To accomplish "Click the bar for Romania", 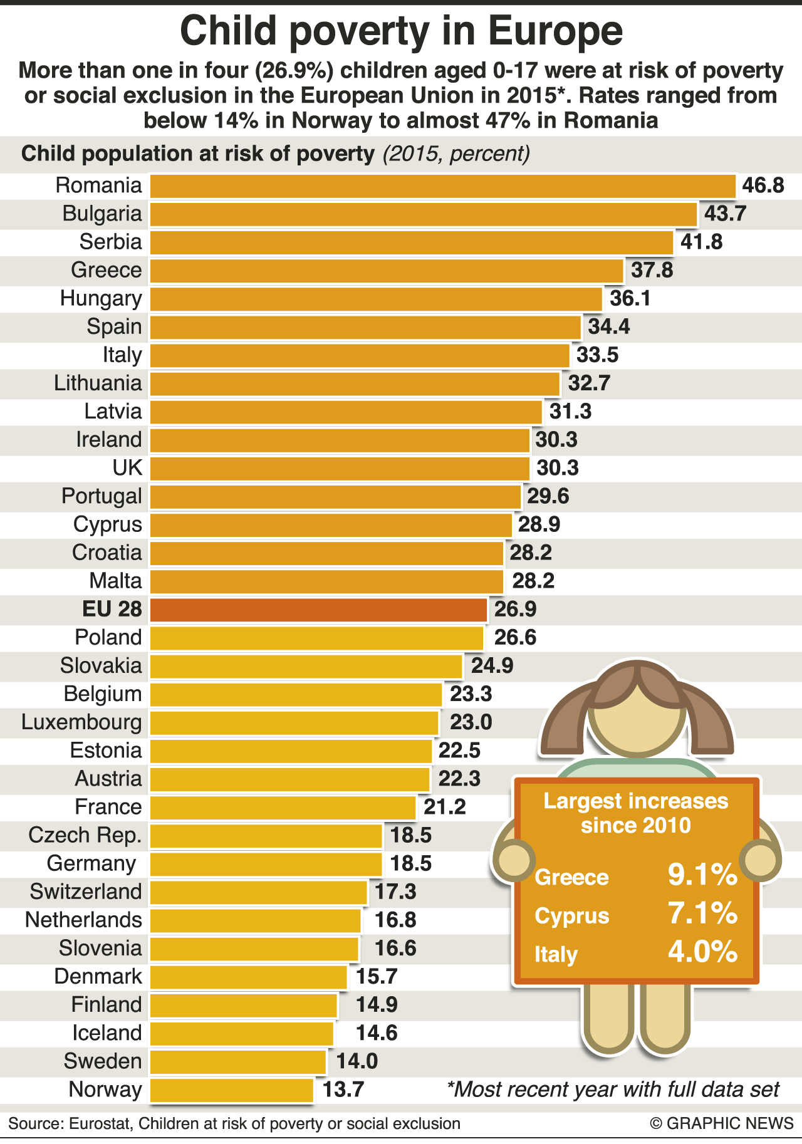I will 442,186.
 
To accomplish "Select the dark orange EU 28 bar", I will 318,610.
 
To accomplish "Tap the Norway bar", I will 232,1090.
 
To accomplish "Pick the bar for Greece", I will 387,271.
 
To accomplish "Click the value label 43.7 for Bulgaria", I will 725,214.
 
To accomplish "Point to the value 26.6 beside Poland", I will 515,638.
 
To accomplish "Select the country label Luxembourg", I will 81,722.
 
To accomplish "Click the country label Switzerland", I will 86,892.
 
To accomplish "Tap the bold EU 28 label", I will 112,610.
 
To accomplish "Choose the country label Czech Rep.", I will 85,835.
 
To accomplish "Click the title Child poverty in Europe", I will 401,31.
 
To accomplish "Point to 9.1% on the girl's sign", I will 702,875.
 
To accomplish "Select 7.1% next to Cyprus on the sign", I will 702,913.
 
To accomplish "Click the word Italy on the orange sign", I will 556,955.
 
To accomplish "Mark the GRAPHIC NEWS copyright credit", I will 722,1123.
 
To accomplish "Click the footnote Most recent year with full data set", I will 613,1090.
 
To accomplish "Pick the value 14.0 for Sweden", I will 357,1061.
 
